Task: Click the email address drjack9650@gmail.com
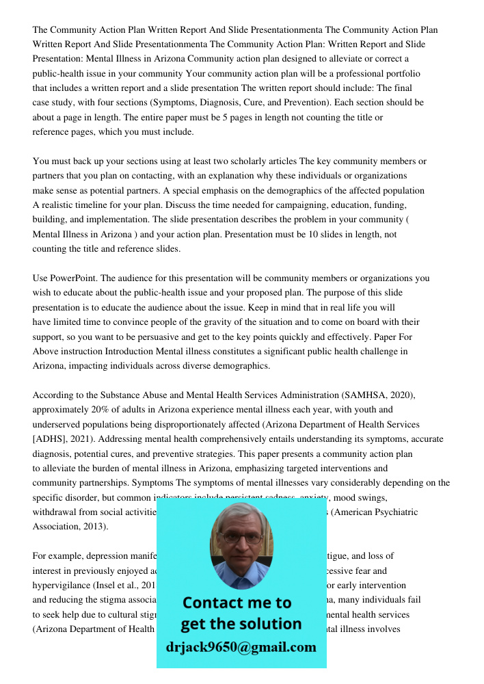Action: [x=241, y=647]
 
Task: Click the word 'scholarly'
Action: [x=253, y=161]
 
